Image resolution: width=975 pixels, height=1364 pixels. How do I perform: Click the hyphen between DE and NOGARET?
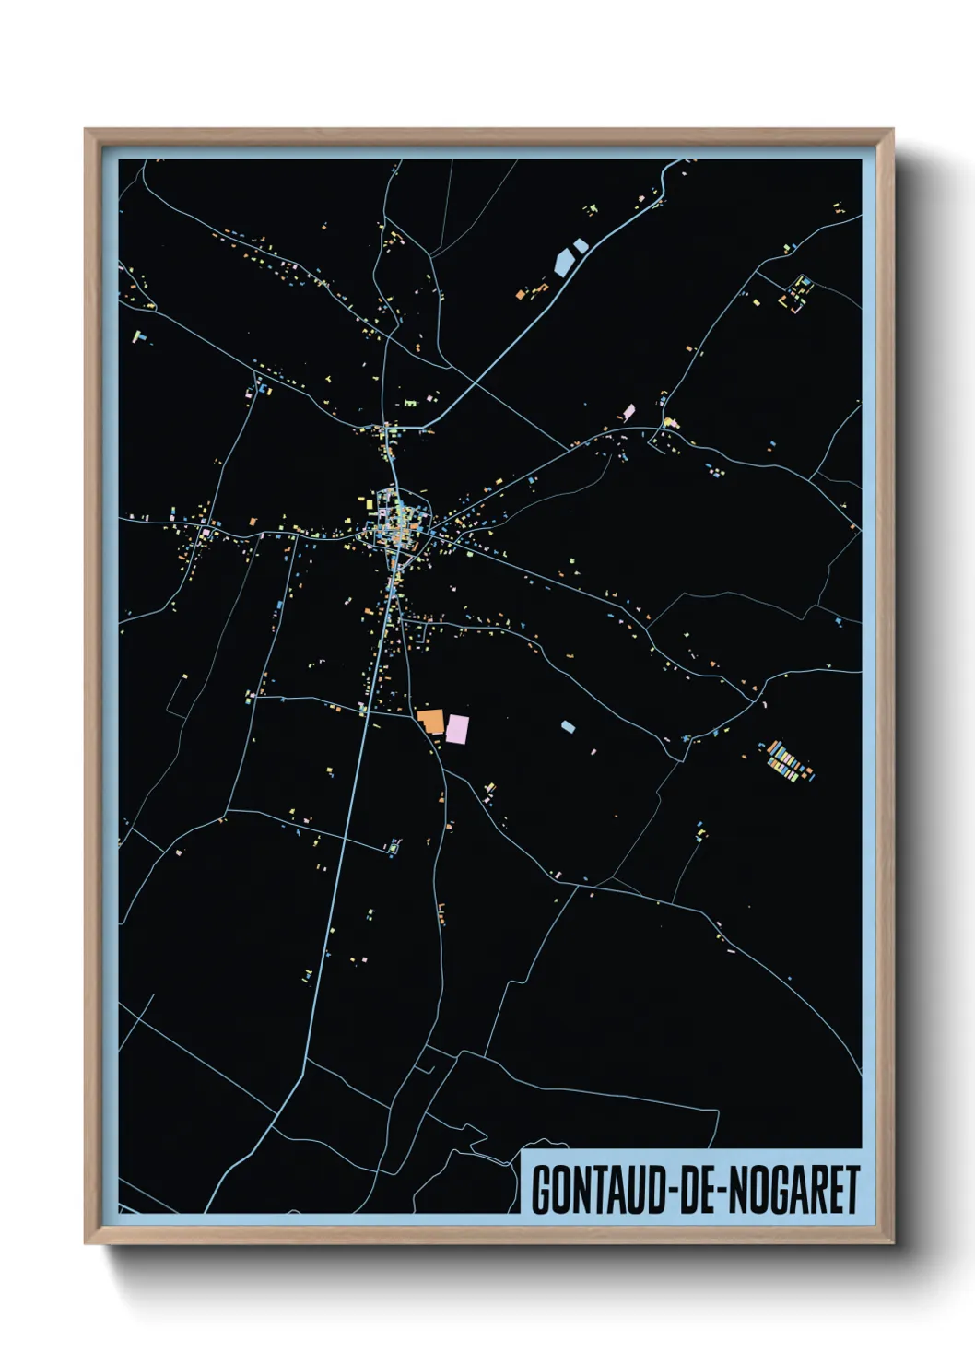pyautogui.click(x=722, y=1192)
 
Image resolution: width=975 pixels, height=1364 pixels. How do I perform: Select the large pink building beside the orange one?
pyautogui.click(x=458, y=728)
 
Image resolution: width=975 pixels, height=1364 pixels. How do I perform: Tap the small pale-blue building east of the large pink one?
pyautogui.click(x=568, y=726)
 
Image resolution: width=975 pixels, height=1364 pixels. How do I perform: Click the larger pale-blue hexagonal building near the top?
pyautogui.click(x=563, y=262)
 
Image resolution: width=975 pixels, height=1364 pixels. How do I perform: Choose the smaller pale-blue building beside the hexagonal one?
pyautogui.click(x=580, y=246)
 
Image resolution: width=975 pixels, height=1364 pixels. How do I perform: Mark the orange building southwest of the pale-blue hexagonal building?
pyautogui.click(x=521, y=295)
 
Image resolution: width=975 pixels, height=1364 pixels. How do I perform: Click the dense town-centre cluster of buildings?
pyautogui.click(x=397, y=523)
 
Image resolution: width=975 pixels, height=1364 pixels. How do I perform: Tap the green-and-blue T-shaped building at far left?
pyautogui.click(x=139, y=337)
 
